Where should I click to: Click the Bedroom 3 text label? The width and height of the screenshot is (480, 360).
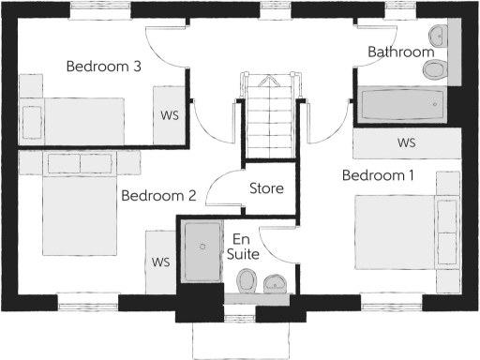(103, 67)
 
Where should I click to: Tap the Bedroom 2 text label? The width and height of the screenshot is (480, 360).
(158, 196)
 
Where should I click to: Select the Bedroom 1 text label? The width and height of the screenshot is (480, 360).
(378, 175)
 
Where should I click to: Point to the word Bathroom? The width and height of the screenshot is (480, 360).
(400, 52)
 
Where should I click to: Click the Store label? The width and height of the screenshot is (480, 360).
(266, 188)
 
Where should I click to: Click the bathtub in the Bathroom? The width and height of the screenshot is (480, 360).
(399, 104)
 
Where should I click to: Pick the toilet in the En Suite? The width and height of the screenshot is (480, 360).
(247, 279)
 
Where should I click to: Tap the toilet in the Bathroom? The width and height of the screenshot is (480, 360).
(435, 70)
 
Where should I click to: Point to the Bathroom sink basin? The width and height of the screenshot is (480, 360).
(437, 37)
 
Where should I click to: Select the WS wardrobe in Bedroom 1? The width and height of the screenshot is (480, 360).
(406, 143)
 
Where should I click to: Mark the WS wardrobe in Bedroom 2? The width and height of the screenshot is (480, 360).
(159, 260)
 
